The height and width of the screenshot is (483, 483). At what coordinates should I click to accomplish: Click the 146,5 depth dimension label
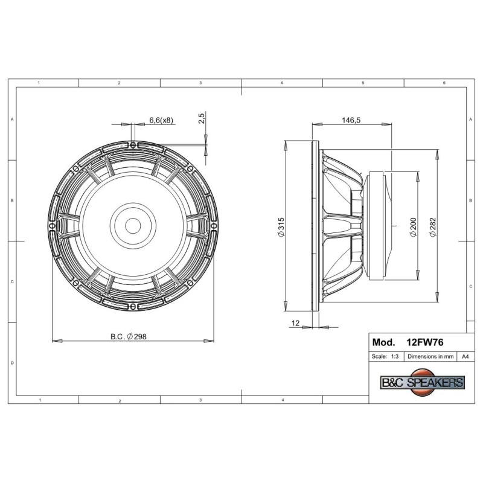click(351, 120)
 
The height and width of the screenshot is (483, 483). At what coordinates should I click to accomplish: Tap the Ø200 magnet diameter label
click(413, 228)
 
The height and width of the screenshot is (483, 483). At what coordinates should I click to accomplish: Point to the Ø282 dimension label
click(433, 228)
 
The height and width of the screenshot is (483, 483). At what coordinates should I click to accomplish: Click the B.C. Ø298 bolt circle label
click(129, 336)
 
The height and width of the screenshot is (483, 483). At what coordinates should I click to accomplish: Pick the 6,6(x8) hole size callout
click(161, 120)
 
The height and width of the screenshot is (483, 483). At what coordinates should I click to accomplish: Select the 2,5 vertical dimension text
click(201, 118)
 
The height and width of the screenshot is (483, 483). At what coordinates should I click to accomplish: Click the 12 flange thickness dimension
click(295, 323)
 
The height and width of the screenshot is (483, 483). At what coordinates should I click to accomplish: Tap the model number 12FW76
click(425, 342)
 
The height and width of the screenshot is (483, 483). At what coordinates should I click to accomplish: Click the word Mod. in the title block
click(383, 342)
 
